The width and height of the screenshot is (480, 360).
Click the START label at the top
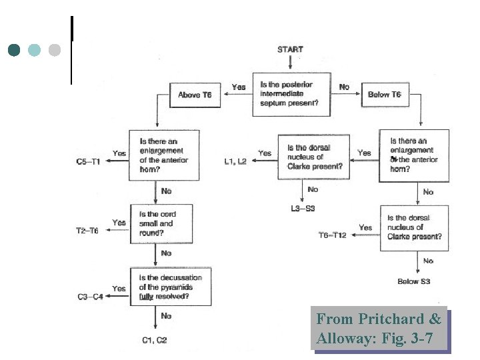pos(290,49)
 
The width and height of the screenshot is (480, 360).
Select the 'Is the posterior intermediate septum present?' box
pos(292,94)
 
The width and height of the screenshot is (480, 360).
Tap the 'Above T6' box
pos(195,95)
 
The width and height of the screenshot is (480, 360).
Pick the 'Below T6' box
pos(385,95)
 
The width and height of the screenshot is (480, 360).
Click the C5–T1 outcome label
pos(89,162)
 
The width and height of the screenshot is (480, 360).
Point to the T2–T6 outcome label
pos(87,231)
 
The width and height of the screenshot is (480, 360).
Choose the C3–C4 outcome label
pos(90,297)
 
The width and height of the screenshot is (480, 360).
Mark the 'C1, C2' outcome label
pos(155,340)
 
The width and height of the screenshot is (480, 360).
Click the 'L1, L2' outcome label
pos(236,162)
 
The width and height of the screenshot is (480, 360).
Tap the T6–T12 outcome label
pos(333,236)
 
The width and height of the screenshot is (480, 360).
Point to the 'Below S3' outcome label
pos(414,281)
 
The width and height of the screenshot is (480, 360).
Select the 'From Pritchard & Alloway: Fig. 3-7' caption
pos(379,329)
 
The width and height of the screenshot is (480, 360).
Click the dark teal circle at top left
pos(15,50)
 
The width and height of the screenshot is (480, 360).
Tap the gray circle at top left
pos(55,50)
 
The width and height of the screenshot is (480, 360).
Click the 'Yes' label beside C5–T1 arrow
pos(119,153)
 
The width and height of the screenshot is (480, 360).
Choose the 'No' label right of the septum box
pos(344,87)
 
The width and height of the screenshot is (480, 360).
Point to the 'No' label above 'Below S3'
pos(428,261)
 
